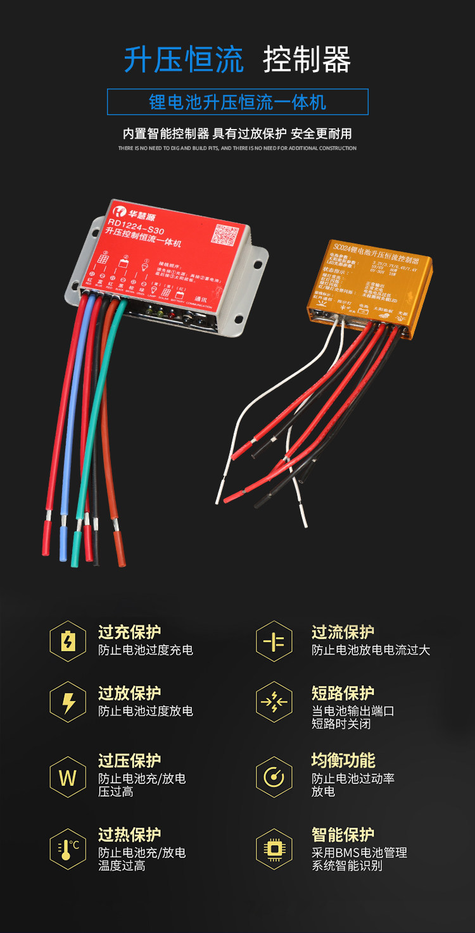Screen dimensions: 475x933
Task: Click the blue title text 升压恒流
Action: (184, 61)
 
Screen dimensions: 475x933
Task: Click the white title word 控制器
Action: (307, 61)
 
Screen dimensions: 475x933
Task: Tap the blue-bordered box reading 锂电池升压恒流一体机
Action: (237, 102)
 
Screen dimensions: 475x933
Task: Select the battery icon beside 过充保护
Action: (68, 641)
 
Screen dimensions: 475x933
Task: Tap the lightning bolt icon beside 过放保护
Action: (68, 702)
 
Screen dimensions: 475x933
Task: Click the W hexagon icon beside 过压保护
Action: (68, 777)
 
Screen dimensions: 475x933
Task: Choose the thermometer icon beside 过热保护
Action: (68, 849)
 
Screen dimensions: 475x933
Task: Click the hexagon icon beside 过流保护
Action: (274, 641)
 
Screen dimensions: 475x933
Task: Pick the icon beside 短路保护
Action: (274, 702)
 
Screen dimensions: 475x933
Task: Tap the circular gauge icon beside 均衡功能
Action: (274, 777)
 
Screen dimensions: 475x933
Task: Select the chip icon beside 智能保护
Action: (274, 849)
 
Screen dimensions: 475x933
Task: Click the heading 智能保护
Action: (343, 834)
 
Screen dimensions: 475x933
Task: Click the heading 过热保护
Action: (129, 834)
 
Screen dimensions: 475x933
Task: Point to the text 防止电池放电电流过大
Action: (370, 650)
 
